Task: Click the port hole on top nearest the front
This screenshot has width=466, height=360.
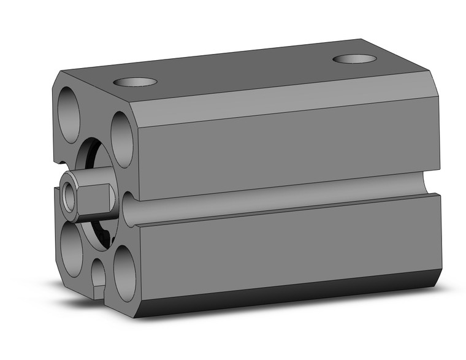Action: (136, 82)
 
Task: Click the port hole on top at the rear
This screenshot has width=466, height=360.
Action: (354, 59)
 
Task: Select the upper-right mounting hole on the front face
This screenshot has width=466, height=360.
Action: (123, 139)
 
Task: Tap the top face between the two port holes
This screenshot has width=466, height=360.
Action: (245, 71)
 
